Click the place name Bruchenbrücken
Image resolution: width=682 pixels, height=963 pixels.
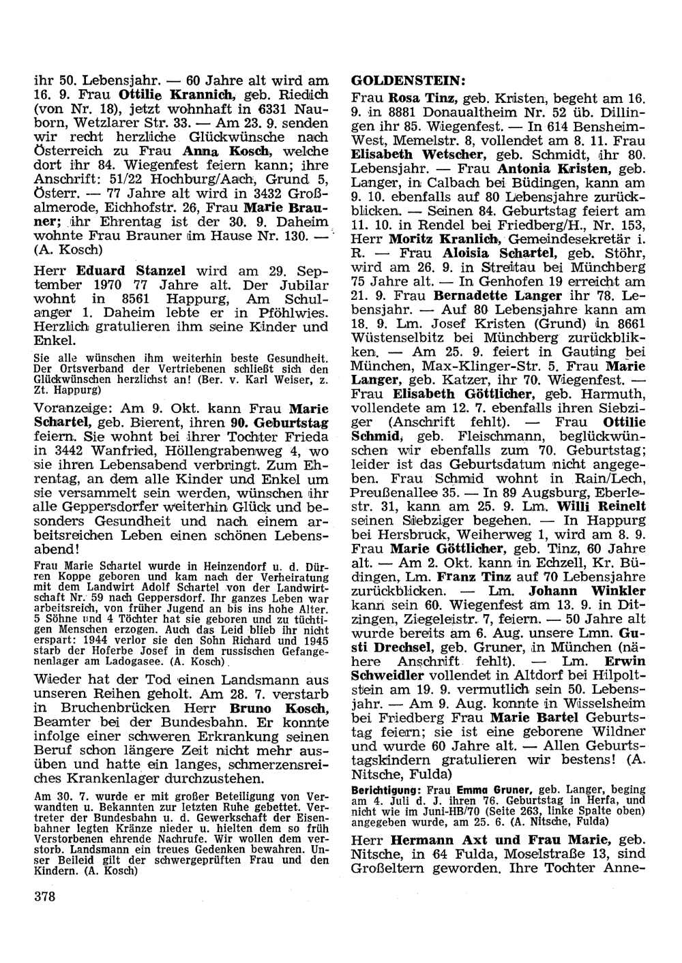click(x=111, y=729)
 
